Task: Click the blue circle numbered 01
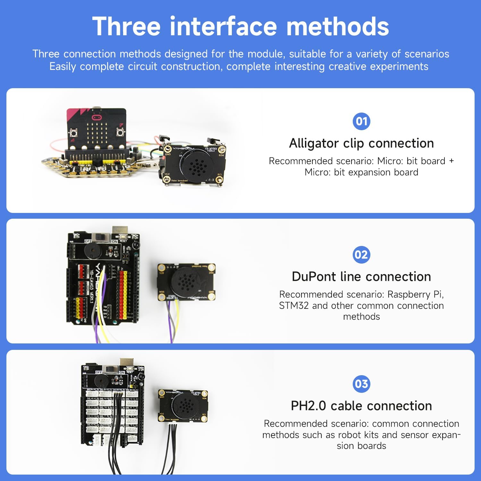point(361,121)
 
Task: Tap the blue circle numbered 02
point(361,255)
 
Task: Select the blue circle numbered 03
point(361,384)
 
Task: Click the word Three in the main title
point(126,26)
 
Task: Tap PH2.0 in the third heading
point(308,406)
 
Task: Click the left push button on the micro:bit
point(74,132)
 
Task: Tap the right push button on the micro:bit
point(120,132)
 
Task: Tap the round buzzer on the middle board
point(93,251)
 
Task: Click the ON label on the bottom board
point(122,373)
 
